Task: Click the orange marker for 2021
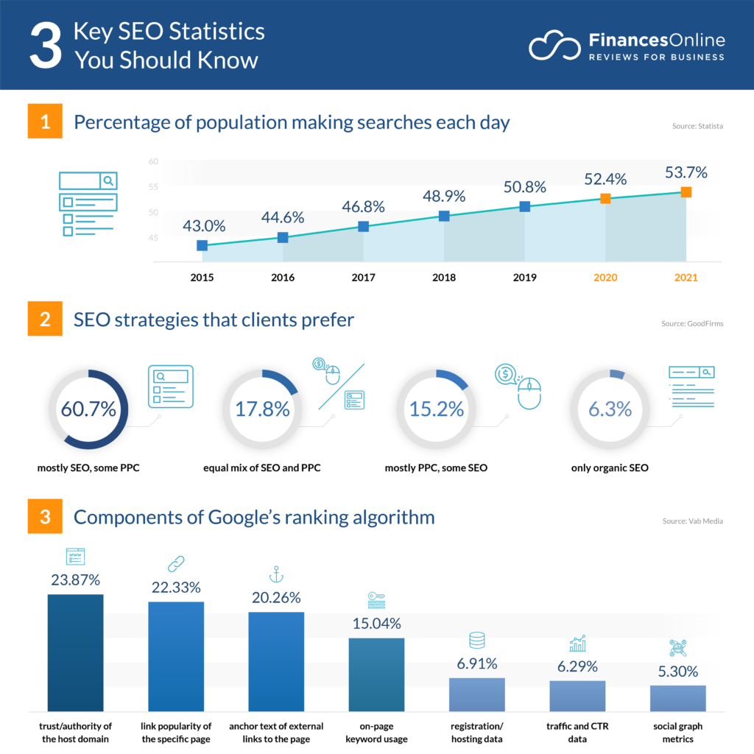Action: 686,192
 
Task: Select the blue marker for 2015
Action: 202,245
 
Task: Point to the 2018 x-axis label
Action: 444,278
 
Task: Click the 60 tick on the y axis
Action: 153,161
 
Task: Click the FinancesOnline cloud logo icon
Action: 554,46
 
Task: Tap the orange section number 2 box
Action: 45,321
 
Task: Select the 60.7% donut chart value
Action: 88,409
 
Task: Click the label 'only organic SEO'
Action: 610,468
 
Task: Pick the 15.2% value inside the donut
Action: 436,409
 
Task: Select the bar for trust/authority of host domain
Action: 75,652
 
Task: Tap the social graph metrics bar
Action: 677,697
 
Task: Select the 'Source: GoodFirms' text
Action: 692,324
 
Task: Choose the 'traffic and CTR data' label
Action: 577,733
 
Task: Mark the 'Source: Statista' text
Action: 697,127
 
